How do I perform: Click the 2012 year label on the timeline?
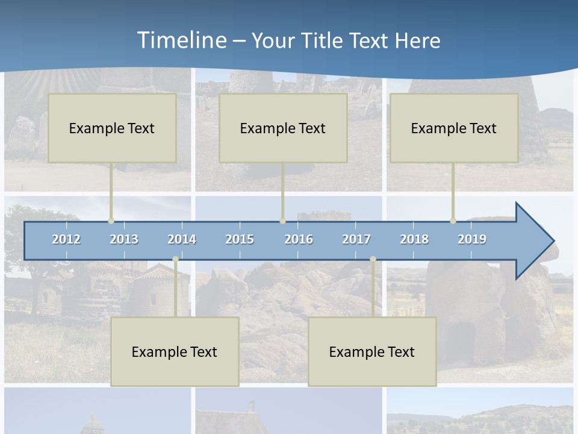66,239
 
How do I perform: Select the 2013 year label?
124,239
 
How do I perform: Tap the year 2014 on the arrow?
182,239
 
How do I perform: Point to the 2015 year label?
240,239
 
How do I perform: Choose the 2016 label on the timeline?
299,239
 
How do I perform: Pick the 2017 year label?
356,239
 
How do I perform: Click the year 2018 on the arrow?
414,239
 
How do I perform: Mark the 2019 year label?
472,239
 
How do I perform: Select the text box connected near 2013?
112,128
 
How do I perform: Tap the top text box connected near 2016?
283,128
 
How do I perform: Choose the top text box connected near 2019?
454,128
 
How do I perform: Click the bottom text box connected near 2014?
175,351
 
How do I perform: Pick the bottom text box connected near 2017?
372,351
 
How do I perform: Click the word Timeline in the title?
181,40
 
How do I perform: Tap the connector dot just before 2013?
111,221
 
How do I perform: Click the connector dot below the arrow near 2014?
175,259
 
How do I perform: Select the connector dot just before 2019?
453,221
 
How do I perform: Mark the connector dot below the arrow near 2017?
373,259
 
